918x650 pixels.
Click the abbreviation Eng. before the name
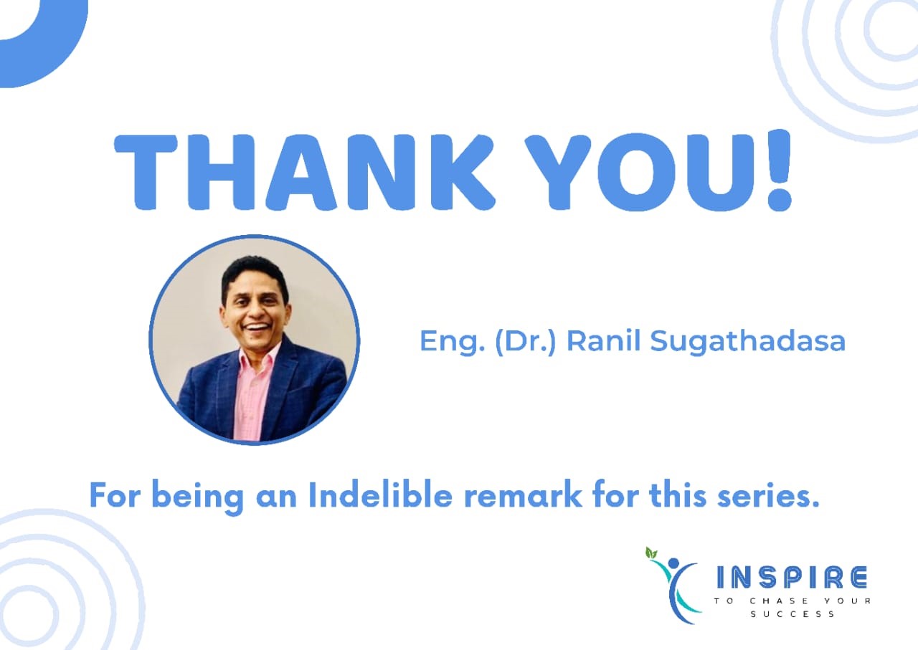(442, 342)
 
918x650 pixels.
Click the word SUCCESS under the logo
(792, 614)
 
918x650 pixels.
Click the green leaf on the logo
(651, 553)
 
